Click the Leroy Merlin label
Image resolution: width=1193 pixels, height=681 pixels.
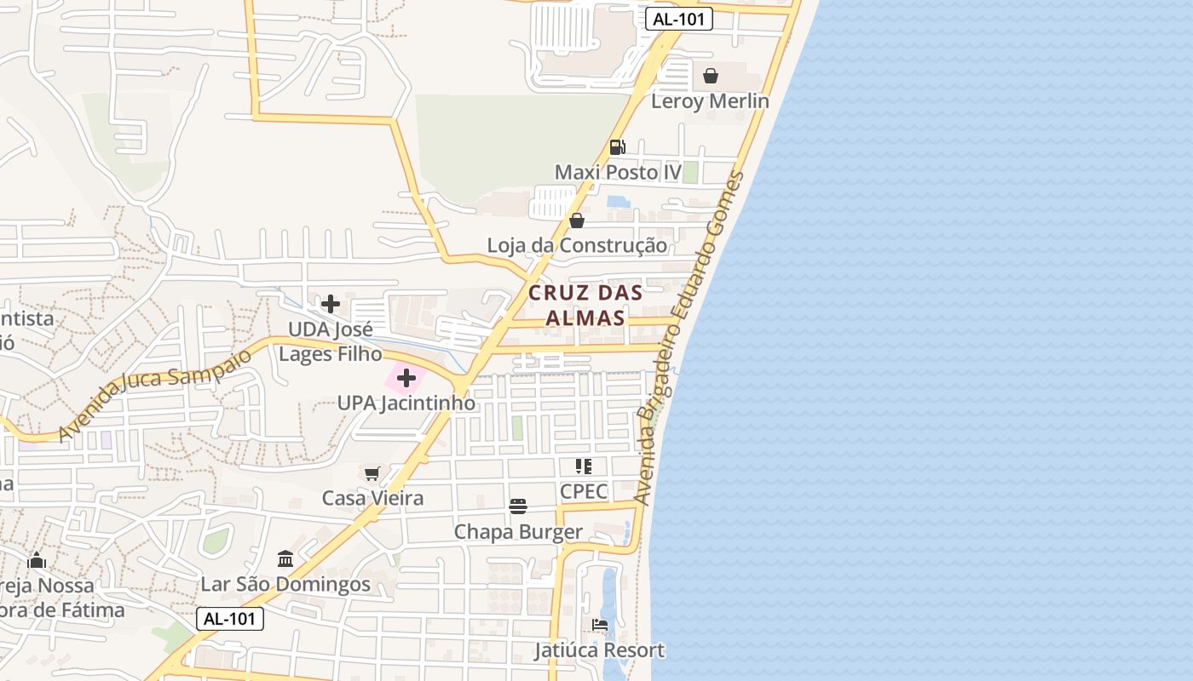pyautogui.click(x=710, y=101)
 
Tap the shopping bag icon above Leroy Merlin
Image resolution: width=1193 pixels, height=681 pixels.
pyautogui.click(x=711, y=76)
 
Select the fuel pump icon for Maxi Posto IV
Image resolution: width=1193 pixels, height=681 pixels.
pyautogui.click(x=618, y=147)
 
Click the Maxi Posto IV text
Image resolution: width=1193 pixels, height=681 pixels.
pyautogui.click(x=618, y=173)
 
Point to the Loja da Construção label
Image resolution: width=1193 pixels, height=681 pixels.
pyautogui.click(x=577, y=246)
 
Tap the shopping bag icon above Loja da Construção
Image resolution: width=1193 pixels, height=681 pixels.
pyautogui.click(x=577, y=220)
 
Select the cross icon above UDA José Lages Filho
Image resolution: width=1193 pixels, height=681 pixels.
pyautogui.click(x=331, y=303)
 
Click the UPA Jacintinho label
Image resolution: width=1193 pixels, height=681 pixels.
pyautogui.click(x=406, y=403)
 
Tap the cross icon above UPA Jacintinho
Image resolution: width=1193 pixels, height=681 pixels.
pyautogui.click(x=406, y=378)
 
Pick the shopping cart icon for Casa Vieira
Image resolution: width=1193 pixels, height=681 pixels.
pyautogui.click(x=372, y=473)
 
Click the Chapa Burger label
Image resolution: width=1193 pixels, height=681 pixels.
pyautogui.click(x=518, y=532)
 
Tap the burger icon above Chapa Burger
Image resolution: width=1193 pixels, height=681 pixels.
pyautogui.click(x=518, y=506)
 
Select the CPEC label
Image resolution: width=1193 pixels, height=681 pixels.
pyautogui.click(x=584, y=492)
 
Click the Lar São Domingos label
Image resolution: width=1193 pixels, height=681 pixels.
pyautogui.click(x=285, y=585)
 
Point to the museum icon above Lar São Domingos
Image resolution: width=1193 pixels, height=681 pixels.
pyautogui.click(x=285, y=559)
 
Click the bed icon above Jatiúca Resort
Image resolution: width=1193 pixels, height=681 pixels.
pyautogui.click(x=600, y=626)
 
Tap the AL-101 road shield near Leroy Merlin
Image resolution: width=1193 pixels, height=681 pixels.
pyautogui.click(x=678, y=19)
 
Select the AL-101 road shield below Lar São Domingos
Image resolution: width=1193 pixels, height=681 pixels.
pyautogui.click(x=230, y=619)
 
